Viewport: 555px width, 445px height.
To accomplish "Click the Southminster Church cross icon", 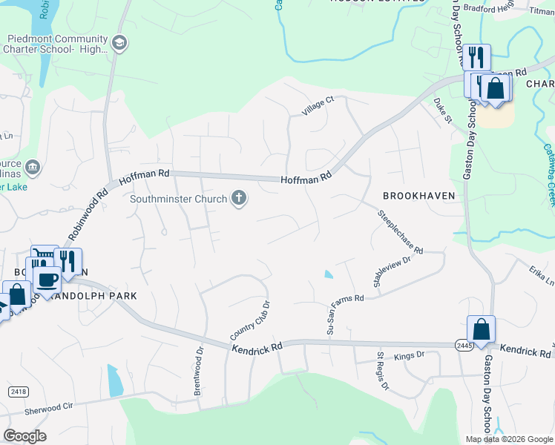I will [x=239, y=198].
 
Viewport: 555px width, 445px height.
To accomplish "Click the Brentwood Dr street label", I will [x=199, y=372].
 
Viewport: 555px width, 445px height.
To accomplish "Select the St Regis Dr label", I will [x=384, y=371].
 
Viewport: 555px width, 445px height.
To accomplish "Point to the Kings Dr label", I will [x=410, y=355].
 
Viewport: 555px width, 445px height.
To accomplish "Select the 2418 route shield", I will [x=19, y=390].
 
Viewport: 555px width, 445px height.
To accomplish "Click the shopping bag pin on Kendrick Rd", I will [x=481, y=329].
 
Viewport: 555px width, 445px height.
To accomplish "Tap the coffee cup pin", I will [x=47, y=280].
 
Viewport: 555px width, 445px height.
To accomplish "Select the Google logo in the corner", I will [x=25, y=436].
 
